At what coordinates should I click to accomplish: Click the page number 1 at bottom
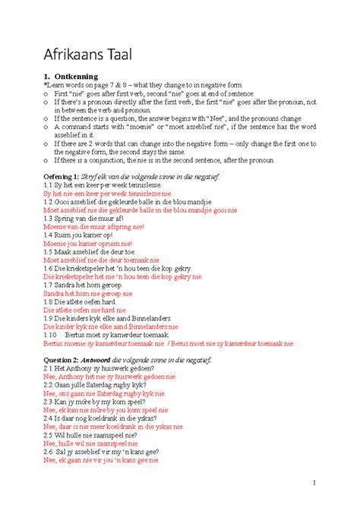coord(313,484)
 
